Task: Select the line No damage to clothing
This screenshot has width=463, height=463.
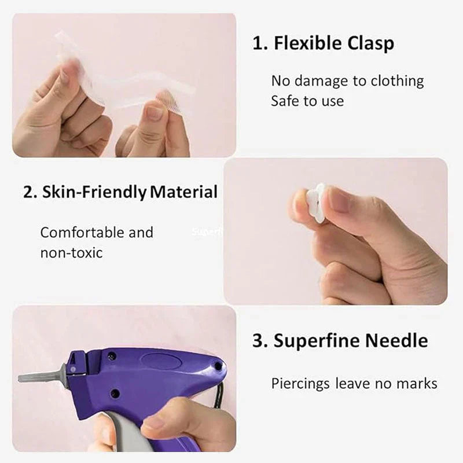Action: [347, 81]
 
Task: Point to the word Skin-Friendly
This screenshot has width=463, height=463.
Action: [94, 192]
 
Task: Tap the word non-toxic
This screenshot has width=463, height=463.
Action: [71, 253]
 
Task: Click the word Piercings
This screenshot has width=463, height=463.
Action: [300, 383]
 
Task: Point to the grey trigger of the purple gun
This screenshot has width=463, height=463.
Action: [124, 431]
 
